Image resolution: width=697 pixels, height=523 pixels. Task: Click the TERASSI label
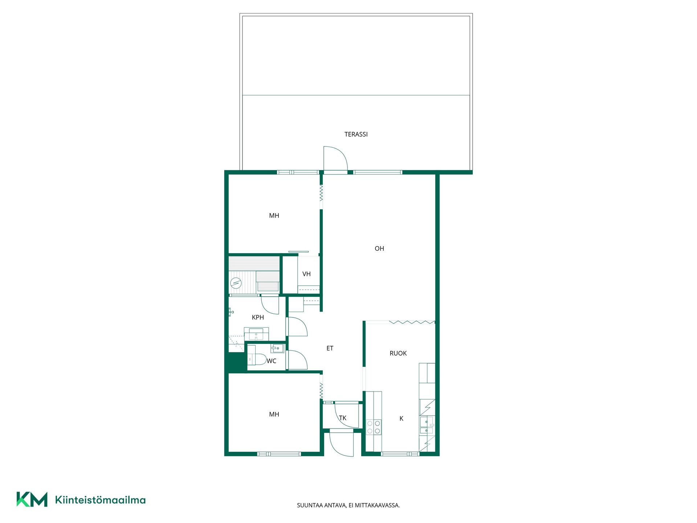tap(356, 134)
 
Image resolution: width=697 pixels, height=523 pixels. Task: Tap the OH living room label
tap(379, 248)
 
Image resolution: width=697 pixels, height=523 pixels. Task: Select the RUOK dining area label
tap(398, 353)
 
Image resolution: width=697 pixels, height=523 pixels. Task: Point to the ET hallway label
tap(330, 348)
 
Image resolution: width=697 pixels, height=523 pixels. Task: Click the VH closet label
tap(306, 274)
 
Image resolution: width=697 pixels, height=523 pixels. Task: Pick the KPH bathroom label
tap(258, 317)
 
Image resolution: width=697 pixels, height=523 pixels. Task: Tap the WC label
tap(272, 361)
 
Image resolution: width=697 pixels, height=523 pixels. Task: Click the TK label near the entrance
tap(343, 418)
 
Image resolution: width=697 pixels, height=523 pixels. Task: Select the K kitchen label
tap(401, 418)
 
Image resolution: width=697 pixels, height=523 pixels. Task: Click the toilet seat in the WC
tap(260, 360)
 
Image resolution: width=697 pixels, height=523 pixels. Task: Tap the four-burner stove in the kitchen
tap(374, 427)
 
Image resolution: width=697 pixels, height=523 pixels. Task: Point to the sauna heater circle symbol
tap(236, 283)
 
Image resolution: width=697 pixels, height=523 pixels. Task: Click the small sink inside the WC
tap(277, 349)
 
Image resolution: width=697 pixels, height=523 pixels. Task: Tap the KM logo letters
tap(32, 499)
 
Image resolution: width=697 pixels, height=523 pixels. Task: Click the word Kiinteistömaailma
tap(100, 500)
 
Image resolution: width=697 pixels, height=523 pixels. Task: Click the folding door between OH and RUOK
tap(412, 322)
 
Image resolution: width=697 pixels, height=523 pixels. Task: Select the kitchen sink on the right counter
tap(427, 426)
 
